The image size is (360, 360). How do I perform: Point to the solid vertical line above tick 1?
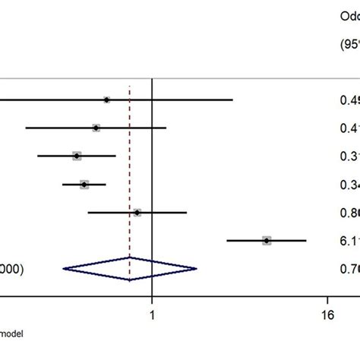pyautogui.click(x=153, y=152)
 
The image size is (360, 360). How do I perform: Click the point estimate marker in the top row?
pyautogui.click(x=107, y=99)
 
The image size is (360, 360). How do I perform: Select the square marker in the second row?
pyautogui.click(x=96, y=128)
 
